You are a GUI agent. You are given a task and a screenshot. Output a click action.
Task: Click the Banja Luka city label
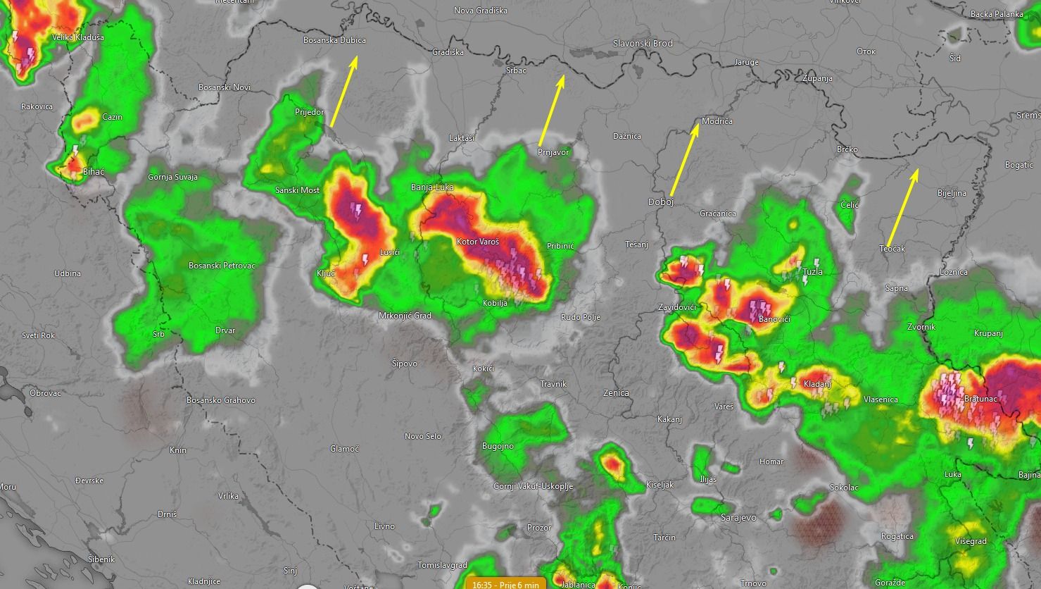(432, 187)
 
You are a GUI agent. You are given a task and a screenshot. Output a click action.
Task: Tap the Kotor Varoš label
(478, 242)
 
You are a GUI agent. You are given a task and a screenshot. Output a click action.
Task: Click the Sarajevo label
(738, 517)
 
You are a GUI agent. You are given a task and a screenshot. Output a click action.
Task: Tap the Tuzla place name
(812, 271)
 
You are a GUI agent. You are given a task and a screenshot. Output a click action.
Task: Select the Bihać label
(94, 172)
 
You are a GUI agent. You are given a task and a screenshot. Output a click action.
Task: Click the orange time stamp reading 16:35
(505, 584)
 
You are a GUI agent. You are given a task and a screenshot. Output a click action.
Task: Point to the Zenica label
(616, 393)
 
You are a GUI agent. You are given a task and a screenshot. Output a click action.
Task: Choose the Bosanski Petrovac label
(222, 266)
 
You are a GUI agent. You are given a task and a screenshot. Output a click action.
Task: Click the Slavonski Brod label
(643, 43)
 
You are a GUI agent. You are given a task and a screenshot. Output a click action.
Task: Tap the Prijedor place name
(310, 112)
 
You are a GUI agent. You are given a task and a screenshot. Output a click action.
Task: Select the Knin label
(178, 449)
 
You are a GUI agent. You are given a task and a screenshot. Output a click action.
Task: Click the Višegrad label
(971, 541)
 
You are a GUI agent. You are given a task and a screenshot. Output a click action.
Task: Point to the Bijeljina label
(952, 192)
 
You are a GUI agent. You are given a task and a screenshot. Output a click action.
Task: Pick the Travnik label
(553, 384)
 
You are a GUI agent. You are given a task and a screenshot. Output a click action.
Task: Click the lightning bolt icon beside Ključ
(365, 260)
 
